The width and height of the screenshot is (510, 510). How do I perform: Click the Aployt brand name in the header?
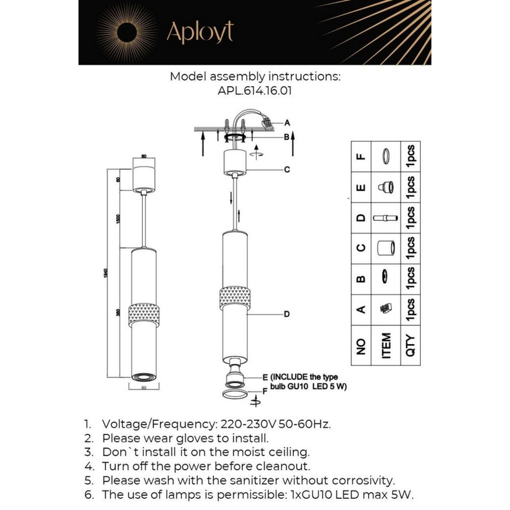[x=199, y=33]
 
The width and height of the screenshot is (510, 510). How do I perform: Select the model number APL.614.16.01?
[x=254, y=90]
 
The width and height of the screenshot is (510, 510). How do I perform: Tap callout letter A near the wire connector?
[x=287, y=122]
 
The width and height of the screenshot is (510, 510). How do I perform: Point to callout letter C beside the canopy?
[x=287, y=169]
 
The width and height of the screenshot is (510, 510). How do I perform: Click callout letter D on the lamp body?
[x=287, y=314]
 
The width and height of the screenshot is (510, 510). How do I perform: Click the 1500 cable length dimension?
[x=118, y=219]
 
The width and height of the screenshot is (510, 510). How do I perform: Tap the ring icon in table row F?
[x=387, y=156]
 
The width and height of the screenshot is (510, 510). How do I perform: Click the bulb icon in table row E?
[x=387, y=187]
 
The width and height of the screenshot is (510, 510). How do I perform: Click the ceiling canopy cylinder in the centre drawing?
[x=235, y=162]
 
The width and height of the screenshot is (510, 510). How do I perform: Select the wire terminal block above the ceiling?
[x=265, y=122]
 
